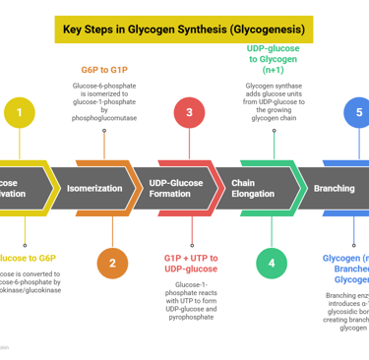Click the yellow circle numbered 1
pyautogui.click(x=19, y=112)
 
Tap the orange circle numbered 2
pyautogui.click(x=112, y=263)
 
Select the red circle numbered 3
pyautogui.click(x=190, y=112)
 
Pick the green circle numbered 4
pyautogui.click(x=271, y=263)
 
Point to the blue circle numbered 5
pyautogui.click(x=357, y=112)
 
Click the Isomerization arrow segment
pyautogui.click(x=95, y=188)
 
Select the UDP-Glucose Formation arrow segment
pyautogui.click(x=179, y=188)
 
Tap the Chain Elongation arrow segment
pyautogui.click(x=258, y=188)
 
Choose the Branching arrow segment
pyautogui.click(x=335, y=188)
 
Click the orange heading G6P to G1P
pyautogui.click(x=104, y=71)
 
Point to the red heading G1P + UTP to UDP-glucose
pyautogui.click(x=191, y=263)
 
